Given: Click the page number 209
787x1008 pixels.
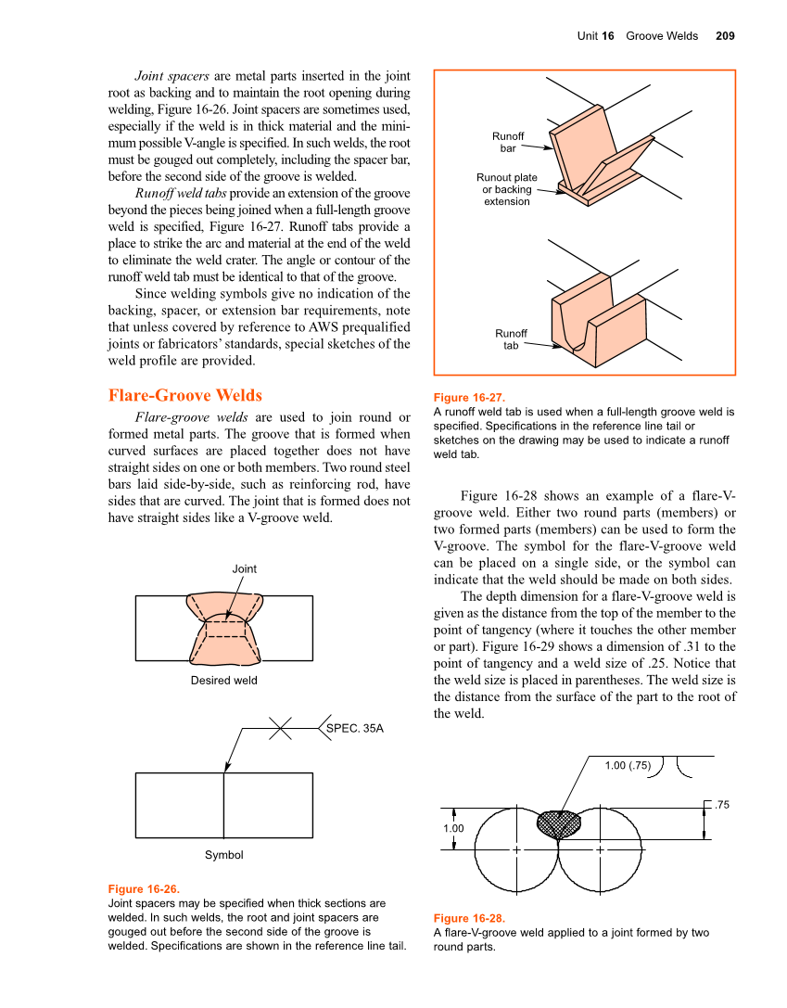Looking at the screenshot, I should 725,36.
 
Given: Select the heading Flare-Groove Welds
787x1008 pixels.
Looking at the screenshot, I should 185,395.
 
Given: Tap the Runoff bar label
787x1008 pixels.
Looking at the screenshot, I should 508,143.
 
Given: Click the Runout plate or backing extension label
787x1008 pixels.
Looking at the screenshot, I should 507,189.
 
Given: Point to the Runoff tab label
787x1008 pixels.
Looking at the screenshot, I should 511,339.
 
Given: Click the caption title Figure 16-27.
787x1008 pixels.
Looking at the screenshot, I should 469,397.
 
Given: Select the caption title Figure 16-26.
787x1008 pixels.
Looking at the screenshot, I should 144,888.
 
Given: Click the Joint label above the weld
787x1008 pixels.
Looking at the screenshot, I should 244,568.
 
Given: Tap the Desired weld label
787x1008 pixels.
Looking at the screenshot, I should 224,680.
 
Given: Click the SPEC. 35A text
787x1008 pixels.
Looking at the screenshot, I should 355,729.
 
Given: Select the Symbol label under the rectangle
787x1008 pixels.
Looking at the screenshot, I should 224,854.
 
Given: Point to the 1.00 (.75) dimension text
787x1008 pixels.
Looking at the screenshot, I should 628,765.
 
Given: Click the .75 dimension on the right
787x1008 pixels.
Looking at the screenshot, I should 723,805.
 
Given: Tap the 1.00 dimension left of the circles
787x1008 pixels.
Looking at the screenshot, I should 453,828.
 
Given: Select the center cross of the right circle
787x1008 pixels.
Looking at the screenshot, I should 600,849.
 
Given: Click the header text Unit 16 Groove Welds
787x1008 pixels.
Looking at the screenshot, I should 637,36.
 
